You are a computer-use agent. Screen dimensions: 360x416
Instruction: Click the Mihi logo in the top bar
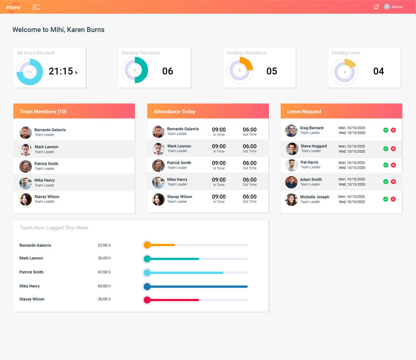coord(13,7)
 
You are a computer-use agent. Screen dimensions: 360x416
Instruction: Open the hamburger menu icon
coord(36,7)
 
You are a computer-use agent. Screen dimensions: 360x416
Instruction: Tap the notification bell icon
coord(376,7)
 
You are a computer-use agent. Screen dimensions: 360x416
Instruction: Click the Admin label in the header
coord(397,7)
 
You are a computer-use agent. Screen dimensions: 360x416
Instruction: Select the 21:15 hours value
coord(61,71)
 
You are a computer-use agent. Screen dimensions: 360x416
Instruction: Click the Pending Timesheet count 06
coord(168,71)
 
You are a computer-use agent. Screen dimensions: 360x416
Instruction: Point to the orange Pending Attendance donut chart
coord(240,70)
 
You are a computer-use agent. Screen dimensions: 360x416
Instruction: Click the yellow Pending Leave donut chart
coord(344,71)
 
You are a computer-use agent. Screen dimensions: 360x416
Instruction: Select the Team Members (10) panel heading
coord(43,112)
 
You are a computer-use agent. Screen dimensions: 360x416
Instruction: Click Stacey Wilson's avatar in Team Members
coord(26,199)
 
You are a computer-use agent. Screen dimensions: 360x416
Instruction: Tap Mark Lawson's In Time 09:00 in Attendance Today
coord(219,146)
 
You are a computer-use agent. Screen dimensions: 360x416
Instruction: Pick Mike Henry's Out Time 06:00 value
coord(250,180)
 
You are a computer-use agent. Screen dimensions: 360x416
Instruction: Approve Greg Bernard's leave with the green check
coord(386,130)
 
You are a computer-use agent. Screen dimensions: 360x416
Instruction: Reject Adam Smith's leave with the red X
coord(393,182)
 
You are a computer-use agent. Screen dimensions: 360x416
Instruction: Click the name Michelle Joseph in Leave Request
coord(315,197)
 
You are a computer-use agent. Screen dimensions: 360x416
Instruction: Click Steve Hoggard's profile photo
coord(292,149)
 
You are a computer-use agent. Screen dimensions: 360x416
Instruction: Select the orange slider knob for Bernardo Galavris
coord(147,245)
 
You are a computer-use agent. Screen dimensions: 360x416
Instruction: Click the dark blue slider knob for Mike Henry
coord(147,286)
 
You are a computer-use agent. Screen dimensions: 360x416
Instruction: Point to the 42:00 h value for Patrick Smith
coord(104,272)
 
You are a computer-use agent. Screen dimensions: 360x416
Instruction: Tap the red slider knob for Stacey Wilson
coord(147,300)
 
